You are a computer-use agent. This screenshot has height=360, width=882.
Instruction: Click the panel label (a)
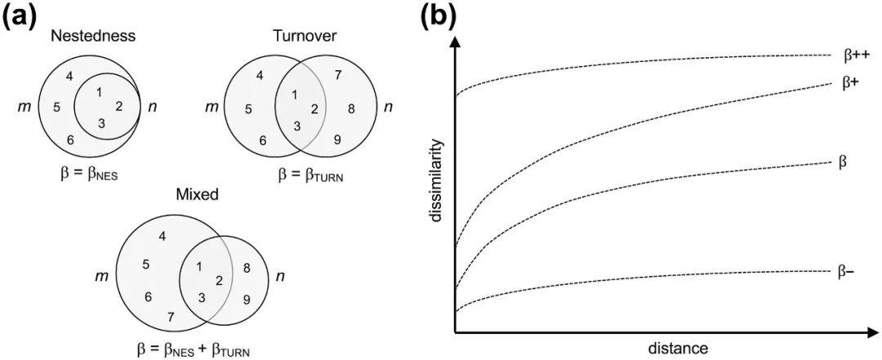pyautogui.click(x=22, y=17)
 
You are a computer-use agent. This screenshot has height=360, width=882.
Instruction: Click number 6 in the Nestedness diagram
pyautogui.click(x=70, y=140)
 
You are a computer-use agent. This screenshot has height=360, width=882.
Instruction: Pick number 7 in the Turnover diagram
pyautogui.click(x=339, y=76)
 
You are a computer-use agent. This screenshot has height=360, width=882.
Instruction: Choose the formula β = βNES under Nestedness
pyautogui.click(x=89, y=172)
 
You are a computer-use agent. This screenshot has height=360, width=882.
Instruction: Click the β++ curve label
pyautogui.click(x=856, y=56)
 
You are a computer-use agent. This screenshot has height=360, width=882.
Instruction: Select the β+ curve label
pyautogui.click(x=850, y=82)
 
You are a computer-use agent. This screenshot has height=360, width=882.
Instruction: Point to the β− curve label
pyautogui.click(x=846, y=270)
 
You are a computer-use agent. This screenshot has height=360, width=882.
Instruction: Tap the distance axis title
pyautogui.click(x=678, y=349)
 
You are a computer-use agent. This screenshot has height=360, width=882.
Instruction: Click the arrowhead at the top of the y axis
pyautogui.click(x=456, y=42)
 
